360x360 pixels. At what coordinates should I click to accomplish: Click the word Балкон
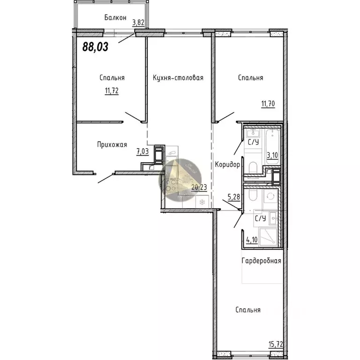[115, 18]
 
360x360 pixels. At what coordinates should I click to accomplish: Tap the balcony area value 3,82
[138, 22]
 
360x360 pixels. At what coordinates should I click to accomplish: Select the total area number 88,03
[95, 47]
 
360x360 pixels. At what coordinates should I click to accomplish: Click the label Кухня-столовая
[178, 78]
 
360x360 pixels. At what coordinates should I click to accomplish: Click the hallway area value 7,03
[142, 151]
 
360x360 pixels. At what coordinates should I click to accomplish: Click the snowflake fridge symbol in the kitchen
[202, 202]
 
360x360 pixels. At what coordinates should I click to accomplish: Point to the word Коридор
[228, 165]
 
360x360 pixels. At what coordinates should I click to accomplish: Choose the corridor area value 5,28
[234, 197]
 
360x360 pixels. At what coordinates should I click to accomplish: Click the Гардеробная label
[261, 261]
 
